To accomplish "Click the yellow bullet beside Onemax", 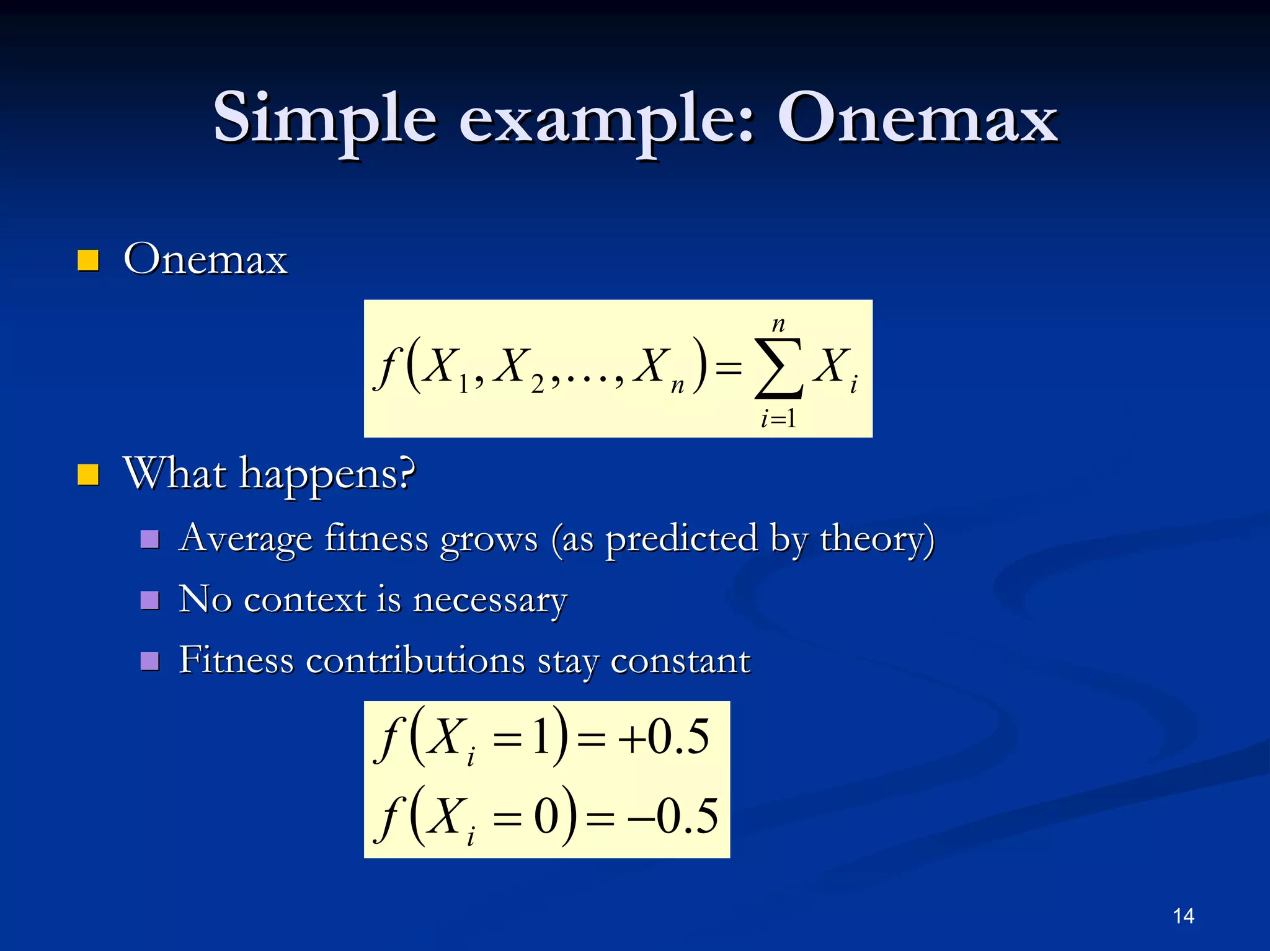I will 88,261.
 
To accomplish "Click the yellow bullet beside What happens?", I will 88,475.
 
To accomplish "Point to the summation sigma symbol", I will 779,368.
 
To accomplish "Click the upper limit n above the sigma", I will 778,324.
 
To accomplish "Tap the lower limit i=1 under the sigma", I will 778,419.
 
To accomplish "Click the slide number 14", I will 1183,916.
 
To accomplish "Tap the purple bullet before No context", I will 150,600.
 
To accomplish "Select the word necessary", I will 490,601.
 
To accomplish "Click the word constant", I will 680,660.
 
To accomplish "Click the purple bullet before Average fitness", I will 150,539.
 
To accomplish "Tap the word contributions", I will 415,660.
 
